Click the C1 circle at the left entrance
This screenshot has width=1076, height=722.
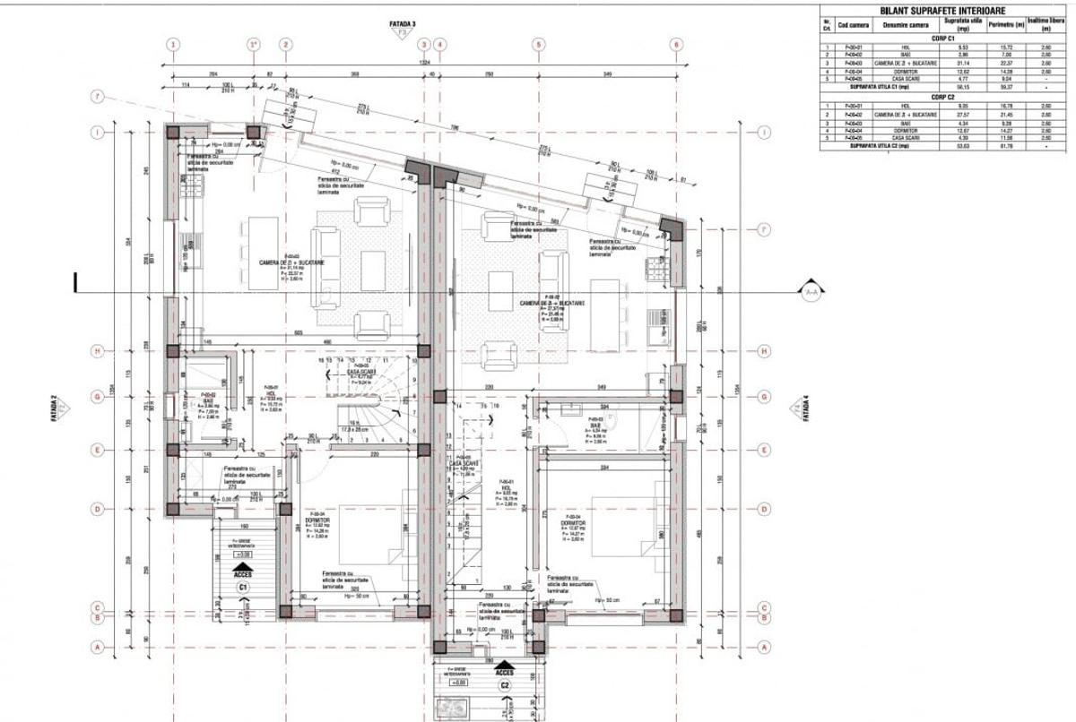pos(242,586)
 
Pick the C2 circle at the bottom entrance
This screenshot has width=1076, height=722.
pos(505,686)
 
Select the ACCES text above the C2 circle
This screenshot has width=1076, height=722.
pos(505,670)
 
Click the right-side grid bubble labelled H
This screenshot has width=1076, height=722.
pos(764,350)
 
